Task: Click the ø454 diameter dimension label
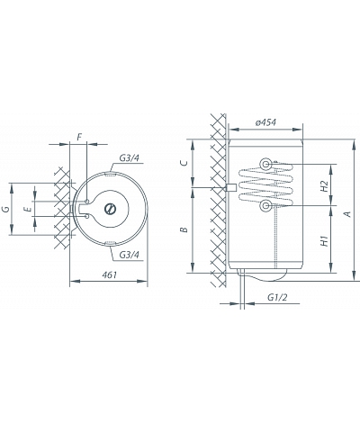click(x=265, y=122)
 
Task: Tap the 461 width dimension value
click(x=109, y=274)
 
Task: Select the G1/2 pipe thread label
click(x=277, y=297)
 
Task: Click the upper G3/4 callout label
click(x=130, y=158)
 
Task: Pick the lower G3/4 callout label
click(x=130, y=255)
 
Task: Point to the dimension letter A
click(x=347, y=214)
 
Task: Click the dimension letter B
click(x=184, y=229)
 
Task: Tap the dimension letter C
click(x=184, y=163)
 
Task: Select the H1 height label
click(x=324, y=241)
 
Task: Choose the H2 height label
click(x=324, y=186)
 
